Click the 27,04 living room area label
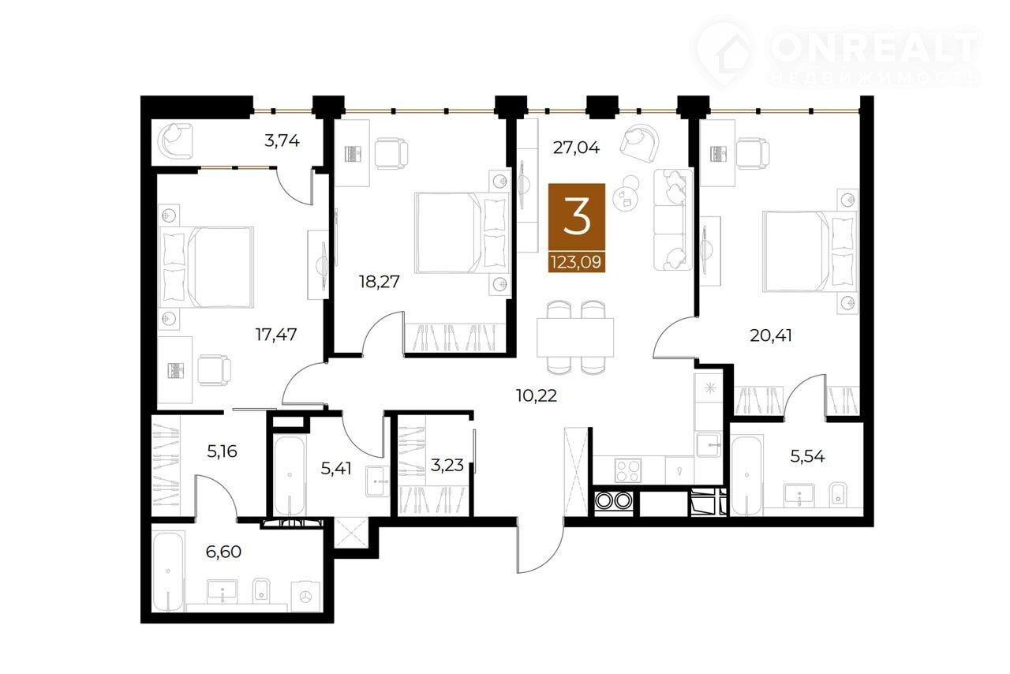(576, 148)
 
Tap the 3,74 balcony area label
(282, 141)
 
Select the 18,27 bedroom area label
(380, 282)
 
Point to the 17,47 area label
(276, 335)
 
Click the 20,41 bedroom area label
(771, 335)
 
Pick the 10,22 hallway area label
(536, 395)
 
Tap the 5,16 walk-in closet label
(222, 451)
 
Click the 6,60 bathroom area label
(223, 552)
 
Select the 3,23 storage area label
(447, 465)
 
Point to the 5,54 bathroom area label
(807, 456)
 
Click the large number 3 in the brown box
(577, 218)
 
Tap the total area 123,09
(576, 262)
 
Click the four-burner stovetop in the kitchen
(628, 470)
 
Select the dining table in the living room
(575, 338)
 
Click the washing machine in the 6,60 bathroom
(306, 597)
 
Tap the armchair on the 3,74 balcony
(175, 140)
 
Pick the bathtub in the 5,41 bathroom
(289, 474)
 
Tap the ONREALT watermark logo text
(873, 48)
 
